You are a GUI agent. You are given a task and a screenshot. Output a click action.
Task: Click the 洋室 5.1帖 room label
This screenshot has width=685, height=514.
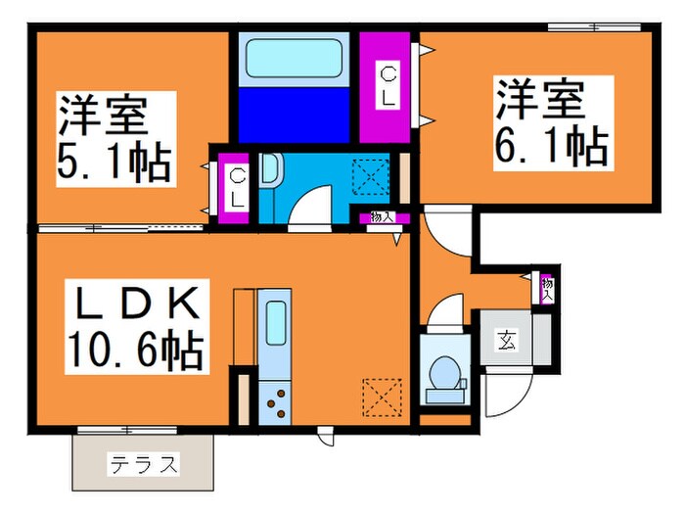[115, 137]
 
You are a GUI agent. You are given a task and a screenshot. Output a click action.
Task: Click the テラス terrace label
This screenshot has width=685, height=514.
[143, 462]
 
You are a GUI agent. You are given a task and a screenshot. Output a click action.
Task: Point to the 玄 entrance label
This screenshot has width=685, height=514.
[508, 341]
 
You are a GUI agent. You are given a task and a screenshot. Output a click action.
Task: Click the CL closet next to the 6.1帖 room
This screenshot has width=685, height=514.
[388, 86]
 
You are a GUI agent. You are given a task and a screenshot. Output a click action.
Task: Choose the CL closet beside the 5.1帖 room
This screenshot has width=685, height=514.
[237, 185]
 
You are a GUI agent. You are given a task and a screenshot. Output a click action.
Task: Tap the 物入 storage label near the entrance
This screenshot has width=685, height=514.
[547, 287]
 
